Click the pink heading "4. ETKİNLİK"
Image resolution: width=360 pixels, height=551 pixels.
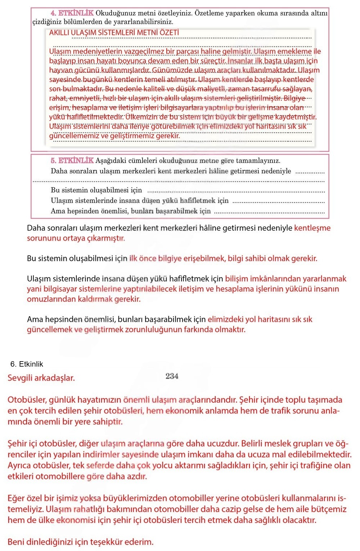[72, 13]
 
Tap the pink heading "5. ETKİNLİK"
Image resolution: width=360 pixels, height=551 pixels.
[72, 161]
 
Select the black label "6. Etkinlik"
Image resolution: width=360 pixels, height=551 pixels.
[27, 364]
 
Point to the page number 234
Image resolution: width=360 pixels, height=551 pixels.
[172, 376]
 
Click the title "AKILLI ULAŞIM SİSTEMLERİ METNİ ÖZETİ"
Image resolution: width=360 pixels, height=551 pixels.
[114, 33]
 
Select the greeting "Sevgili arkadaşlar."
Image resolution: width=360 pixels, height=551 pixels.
[41, 378]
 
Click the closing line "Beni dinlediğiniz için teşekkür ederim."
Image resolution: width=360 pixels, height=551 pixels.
[80, 542]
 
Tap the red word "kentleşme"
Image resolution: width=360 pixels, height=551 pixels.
[312, 228]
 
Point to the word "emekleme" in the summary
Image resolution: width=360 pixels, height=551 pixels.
[294, 51]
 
